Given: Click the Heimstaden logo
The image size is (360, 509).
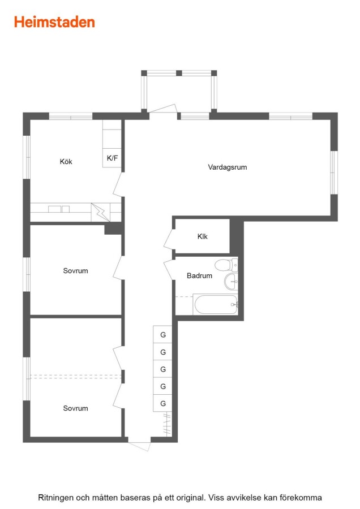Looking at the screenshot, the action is [54, 22].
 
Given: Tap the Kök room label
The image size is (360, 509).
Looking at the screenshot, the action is [66, 161].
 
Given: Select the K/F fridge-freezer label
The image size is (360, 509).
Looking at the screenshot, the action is [113, 158].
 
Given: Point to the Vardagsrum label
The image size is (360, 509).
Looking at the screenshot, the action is [228, 167].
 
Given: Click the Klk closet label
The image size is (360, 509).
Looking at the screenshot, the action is [203, 236].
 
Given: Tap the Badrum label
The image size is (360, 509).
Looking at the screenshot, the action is [199, 275].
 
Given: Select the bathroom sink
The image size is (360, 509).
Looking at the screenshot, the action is [231, 282].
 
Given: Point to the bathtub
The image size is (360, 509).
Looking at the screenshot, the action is [215, 304].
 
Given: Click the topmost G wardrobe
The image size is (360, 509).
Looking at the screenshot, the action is [163, 334].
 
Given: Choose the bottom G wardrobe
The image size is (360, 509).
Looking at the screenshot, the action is [163, 403].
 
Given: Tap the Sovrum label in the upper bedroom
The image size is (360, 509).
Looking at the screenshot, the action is [75, 271].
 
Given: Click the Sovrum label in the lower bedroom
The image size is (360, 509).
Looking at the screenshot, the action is [75, 408].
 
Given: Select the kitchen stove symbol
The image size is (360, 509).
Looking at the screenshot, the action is [100, 212].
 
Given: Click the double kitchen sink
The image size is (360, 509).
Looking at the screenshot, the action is [59, 209].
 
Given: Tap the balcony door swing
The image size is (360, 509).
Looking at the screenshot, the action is [163, 109].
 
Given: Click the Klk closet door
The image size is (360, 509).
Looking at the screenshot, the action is [169, 239].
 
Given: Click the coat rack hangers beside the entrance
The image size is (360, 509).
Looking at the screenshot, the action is [167, 424].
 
